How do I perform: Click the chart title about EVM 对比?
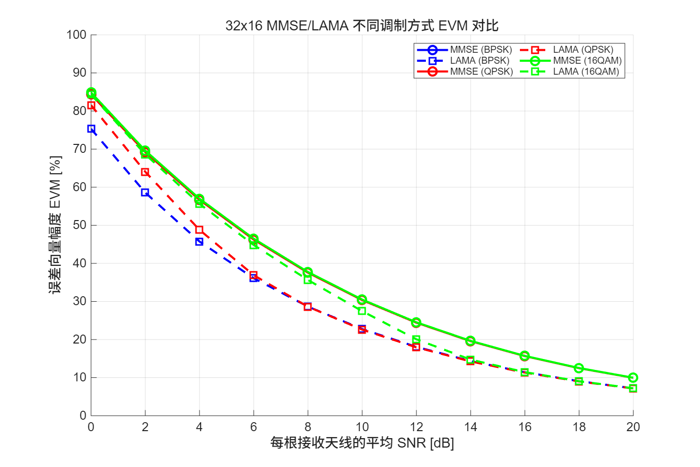[x=362, y=25]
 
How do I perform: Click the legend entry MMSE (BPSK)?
[x=481, y=50]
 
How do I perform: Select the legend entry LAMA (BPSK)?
[x=480, y=61]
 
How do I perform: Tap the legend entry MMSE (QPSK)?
[x=481, y=72]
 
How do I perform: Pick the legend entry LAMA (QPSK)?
[x=583, y=50]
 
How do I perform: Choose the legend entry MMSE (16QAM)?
[x=587, y=61]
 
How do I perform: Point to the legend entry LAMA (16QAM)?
[x=586, y=72]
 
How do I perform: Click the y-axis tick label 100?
[x=76, y=35]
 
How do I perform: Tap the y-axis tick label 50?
[x=79, y=225]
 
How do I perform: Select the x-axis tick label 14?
[x=470, y=427]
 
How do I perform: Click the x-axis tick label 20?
[x=633, y=427]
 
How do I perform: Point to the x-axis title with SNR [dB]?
[x=362, y=443]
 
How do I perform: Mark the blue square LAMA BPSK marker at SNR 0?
[x=91, y=129]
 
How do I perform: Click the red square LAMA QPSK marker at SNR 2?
[x=145, y=172]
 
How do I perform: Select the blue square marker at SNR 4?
[x=200, y=242]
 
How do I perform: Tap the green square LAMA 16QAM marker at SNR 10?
[x=362, y=311]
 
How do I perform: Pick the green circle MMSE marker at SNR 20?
[x=633, y=377]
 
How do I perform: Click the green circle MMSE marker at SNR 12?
[x=416, y=323]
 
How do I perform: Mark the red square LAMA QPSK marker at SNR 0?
[x=91, y=106]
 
